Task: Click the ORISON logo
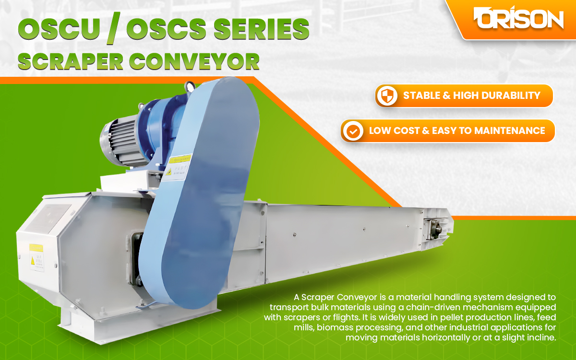tap(518, 19)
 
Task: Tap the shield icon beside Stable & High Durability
tap(387, 96)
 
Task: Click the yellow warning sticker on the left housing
tap(36, 257)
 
